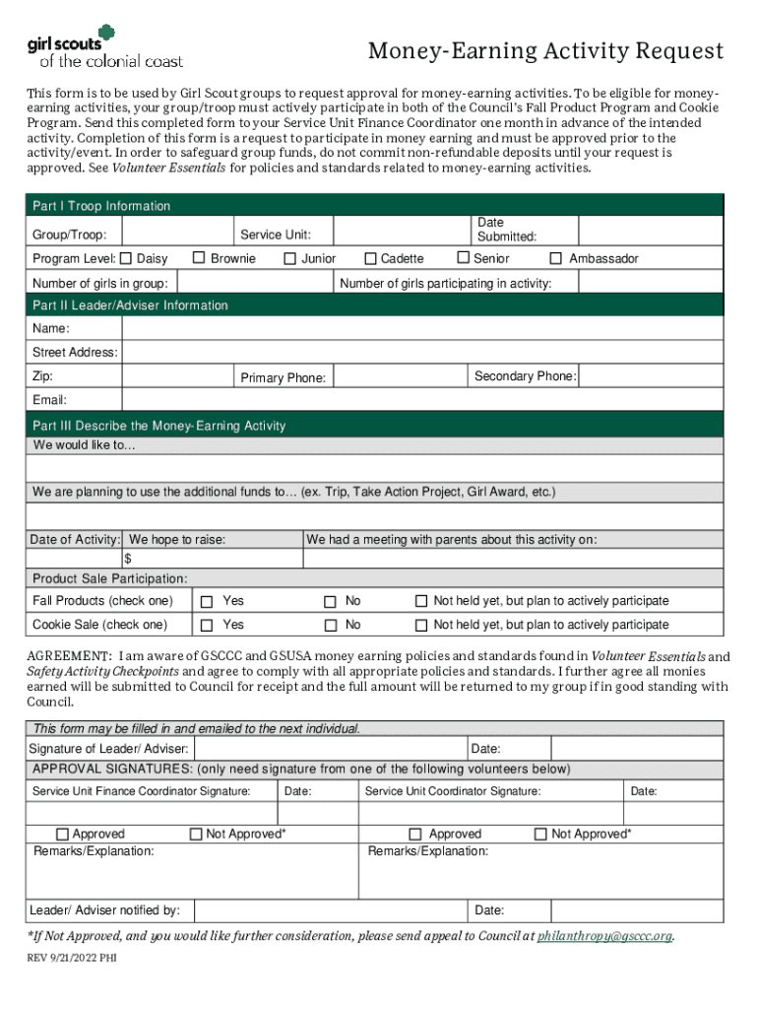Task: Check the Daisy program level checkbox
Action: pyautogui.click(x=125, y=258)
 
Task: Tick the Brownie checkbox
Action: pyautogui.click(x=199, y=258)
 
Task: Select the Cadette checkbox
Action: pyautogui.click(x=370, y=258)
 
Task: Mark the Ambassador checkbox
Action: pyautogui.click(x=556, y=258)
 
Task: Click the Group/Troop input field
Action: pyautogui.click(x=177, y=233)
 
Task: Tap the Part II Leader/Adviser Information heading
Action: pyautogui.click(x=130, y=305)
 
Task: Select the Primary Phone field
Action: pyautogui.click(x=398, y=377)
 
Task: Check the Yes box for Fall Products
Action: pyautogui.click(x=207, y=601)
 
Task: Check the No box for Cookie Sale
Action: pyautogui.click(x=331, y=625)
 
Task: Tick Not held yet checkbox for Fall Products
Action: pyautogui.click(x=420, y=601)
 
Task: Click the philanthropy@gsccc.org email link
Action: pyautogui.click(x=604, y=936)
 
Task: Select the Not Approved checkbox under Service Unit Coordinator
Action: pyautogui.click(x=539, y=835)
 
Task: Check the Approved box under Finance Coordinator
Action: pyautogui.click(x=64, y=835)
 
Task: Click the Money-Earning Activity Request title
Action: pyautogui.click(x=545, y=51)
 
